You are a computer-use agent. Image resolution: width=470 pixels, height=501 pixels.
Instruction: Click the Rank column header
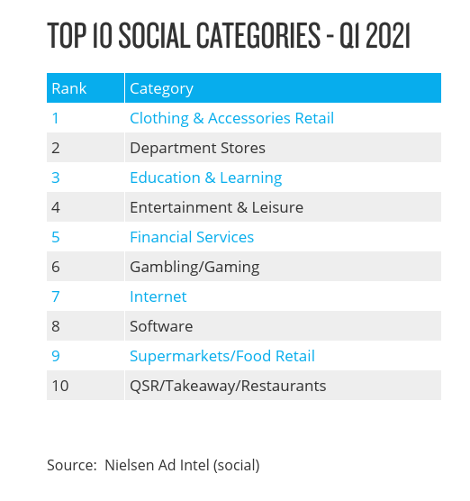point(69,88)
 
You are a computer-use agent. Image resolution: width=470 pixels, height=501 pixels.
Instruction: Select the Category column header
point(161,89)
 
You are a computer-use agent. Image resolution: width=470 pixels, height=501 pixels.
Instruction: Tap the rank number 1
point(55,118)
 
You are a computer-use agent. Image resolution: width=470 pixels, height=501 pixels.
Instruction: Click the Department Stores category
point(198,149)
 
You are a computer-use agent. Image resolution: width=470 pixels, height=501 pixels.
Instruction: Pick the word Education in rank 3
point(165,178)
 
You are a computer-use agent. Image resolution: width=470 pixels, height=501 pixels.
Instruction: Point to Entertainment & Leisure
point(216,207)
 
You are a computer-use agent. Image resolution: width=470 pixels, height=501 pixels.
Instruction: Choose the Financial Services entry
point(192,237)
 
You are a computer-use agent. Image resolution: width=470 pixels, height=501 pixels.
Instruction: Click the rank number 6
point(56,267)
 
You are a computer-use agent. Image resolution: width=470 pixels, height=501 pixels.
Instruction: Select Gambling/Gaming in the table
point(194,268)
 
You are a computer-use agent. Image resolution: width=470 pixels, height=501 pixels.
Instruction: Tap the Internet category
point(158,296)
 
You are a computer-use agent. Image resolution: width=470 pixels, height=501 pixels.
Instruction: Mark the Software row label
point(161,326)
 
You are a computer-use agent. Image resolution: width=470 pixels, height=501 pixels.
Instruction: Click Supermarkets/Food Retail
point(222,356)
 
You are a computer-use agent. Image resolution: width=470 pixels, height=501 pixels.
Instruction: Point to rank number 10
point(60,386)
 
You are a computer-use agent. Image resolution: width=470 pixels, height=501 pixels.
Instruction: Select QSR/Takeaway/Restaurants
point(228,386)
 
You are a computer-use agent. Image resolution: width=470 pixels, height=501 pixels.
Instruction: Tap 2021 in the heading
point(388,35)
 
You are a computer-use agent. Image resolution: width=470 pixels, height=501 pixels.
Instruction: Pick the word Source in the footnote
point(71,465)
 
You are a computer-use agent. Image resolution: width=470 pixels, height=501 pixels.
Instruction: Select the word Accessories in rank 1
point(249,118)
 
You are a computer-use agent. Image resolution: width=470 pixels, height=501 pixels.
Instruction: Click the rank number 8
point(56,326)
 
